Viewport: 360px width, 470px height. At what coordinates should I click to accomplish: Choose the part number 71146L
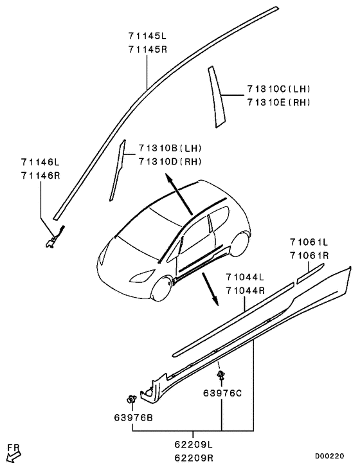click(39, 163)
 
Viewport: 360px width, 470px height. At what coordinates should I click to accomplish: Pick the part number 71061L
click(308, 242)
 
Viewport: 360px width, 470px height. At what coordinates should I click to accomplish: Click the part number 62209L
click(194, 444)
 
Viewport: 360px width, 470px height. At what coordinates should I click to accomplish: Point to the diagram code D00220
click(333, 456)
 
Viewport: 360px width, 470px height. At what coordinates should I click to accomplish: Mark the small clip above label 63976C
click(221, 374)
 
